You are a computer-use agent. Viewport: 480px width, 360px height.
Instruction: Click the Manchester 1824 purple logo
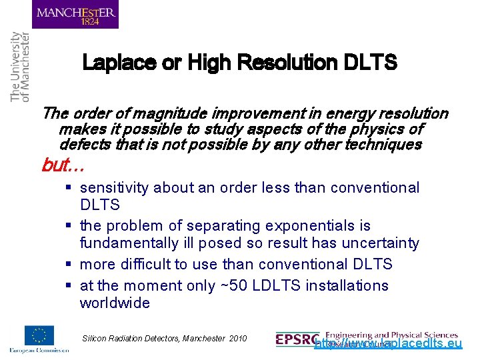coord(75,15)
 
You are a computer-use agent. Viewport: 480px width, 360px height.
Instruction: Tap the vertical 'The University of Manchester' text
coord(20,67)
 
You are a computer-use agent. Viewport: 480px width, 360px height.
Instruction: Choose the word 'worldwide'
coord(115,303)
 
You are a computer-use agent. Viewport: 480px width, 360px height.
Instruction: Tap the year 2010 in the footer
coord(237,339)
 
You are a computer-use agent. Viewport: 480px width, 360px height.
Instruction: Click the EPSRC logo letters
coord(297,339)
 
